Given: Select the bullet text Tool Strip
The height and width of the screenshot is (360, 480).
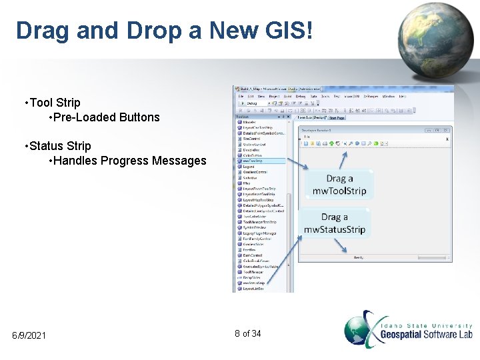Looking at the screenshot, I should click(53, 103).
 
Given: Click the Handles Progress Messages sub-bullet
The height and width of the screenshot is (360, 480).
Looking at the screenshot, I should click(129, 161).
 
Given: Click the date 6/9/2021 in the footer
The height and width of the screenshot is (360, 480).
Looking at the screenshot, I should click(29, 335).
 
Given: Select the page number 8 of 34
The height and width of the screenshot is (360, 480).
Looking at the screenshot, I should click(247, 333).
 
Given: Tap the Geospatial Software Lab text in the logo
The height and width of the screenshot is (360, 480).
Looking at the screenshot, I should click(426, 333).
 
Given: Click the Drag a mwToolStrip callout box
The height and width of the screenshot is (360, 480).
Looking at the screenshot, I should click(339, 185).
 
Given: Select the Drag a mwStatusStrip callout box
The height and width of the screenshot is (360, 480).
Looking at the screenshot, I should click(335, 223).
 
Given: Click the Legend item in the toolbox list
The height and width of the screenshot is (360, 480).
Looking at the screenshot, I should click(249, 167).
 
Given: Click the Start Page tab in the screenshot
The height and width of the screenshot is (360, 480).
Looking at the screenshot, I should click(337, 118).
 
